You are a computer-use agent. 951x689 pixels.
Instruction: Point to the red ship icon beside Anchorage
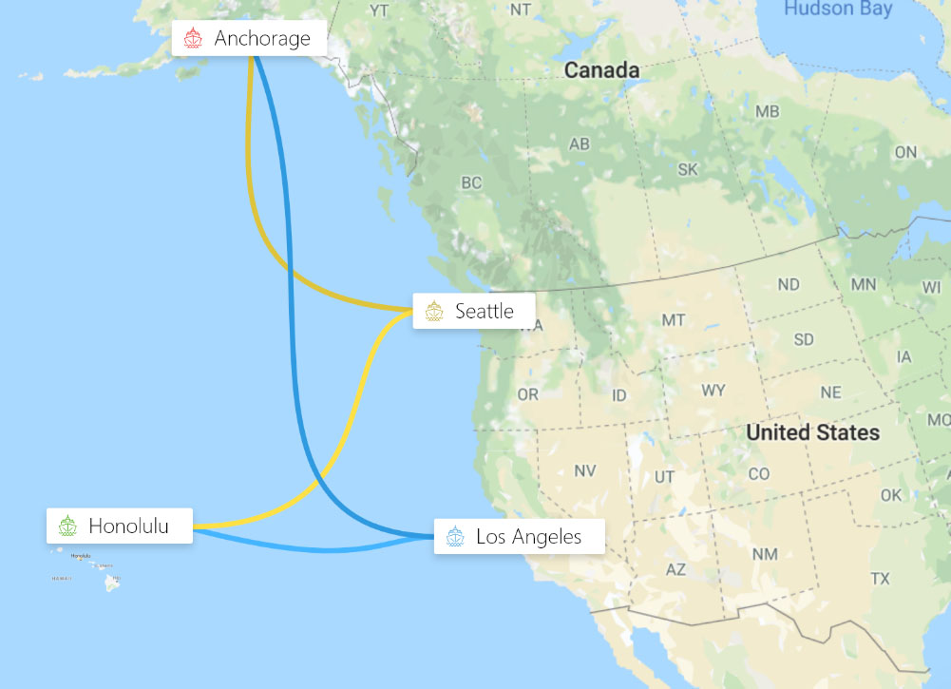pos(194,39)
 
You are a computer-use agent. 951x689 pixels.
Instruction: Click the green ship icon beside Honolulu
pos(67,526)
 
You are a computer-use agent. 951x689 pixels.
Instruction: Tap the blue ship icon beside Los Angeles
pos(455,537)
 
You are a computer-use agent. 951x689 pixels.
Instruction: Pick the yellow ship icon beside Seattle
pos(434,312)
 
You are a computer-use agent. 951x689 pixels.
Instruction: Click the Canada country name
pos(601,70)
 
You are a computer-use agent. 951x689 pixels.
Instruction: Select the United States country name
pos(812,432)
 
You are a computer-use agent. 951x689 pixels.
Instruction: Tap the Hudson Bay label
pos(838,10)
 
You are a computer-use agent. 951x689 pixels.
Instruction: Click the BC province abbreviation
pos(471,182)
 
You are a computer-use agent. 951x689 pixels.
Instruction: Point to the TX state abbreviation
pos(880,578)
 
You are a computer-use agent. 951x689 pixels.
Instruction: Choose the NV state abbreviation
pos(585,470)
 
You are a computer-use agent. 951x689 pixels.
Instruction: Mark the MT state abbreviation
pos(674,320)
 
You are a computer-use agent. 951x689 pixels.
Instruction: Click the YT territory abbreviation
pos(379,10)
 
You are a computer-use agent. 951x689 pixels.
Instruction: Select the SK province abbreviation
pos(688,169)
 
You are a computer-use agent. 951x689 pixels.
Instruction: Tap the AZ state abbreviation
pos(675,569)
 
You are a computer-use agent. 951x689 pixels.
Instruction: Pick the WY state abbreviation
pos(713,391)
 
